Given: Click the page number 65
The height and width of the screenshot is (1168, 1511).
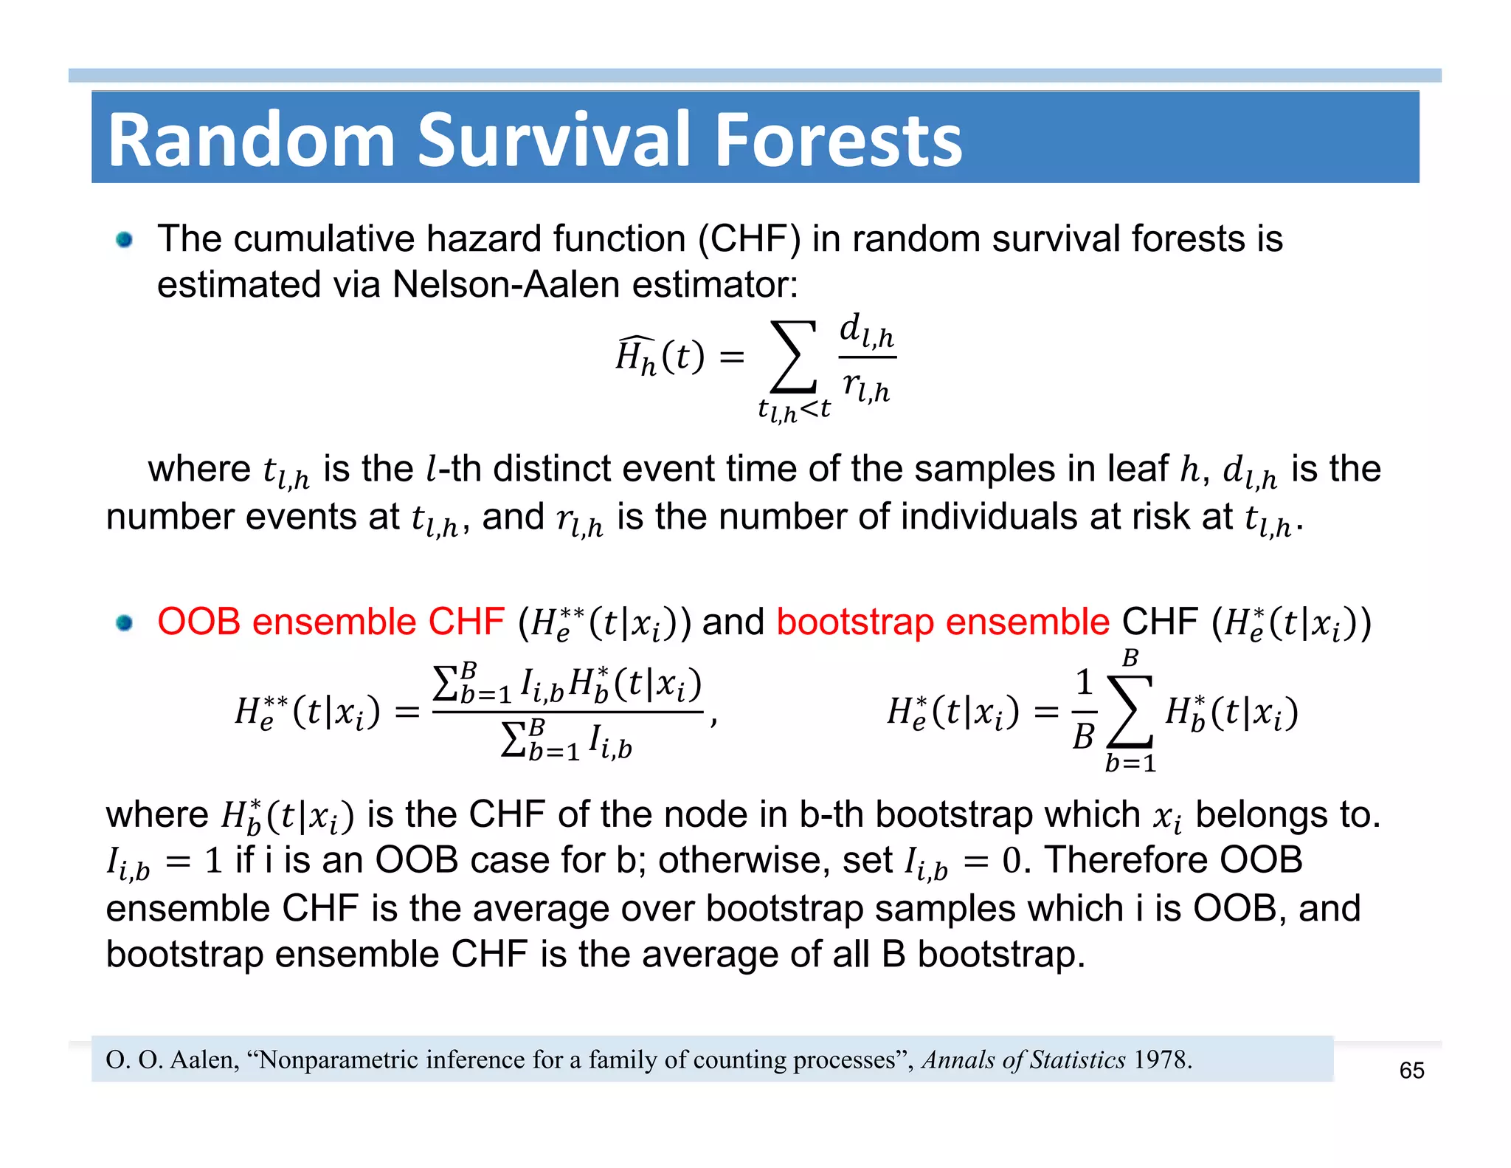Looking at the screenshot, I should [1411, 1070].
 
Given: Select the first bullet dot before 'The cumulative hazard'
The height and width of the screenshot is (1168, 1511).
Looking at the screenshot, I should [124, 240].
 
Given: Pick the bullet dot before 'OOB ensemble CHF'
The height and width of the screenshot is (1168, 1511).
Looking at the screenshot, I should [124, 623].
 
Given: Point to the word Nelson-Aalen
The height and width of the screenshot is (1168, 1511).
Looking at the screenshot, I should [505, 285].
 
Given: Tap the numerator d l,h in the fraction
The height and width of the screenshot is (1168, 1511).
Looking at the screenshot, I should [867, 329].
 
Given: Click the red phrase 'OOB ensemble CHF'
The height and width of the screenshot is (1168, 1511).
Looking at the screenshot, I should [331, 622].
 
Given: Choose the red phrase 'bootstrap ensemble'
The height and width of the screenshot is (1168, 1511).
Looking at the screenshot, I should [942, 622].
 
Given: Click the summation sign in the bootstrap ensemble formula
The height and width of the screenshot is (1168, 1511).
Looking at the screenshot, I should [1130, 712].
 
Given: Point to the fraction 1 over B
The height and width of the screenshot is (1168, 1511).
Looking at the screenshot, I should [1084, 710].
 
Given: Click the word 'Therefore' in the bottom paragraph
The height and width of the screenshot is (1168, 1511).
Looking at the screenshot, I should [1126, 860].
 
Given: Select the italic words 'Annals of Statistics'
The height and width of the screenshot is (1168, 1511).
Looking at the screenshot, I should [1024, 1060].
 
